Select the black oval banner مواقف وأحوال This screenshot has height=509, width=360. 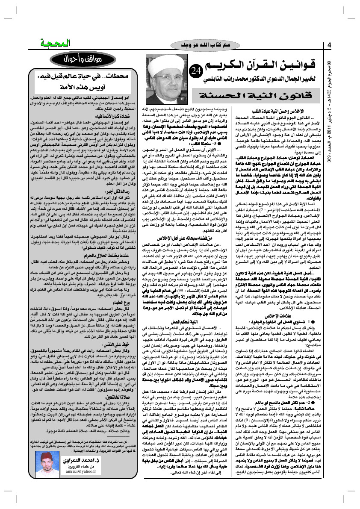click(x=86, y=58)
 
